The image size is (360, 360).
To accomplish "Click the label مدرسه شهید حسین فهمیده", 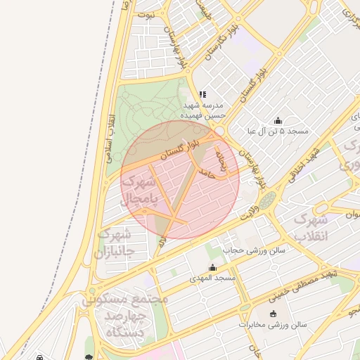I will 202,109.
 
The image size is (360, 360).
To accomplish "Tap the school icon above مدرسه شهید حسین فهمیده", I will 202,94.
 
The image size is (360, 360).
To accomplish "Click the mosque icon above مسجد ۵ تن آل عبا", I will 278,120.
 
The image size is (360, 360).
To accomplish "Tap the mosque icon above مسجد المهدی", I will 212,268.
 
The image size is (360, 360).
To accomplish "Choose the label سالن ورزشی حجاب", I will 243,250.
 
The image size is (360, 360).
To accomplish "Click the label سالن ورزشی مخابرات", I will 273,325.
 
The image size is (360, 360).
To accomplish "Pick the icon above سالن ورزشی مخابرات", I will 273,314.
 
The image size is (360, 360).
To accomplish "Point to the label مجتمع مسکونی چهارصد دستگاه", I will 126,315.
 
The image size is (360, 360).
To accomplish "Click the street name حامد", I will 207,172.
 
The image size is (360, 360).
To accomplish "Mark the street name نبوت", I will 147,14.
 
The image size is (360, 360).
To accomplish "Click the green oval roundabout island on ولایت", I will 267,201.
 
